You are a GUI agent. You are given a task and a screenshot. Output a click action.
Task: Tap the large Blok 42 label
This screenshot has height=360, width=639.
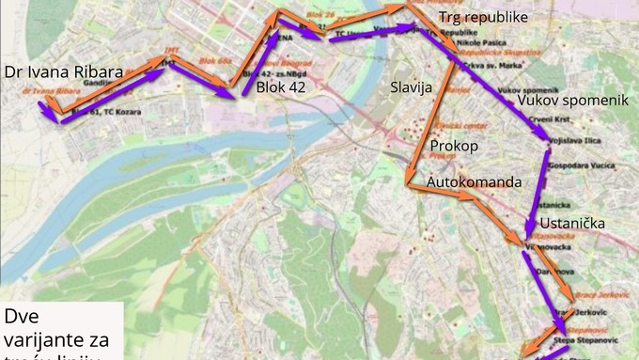click(281, 86)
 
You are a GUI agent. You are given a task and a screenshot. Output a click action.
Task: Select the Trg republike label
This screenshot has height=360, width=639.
click(482, 18)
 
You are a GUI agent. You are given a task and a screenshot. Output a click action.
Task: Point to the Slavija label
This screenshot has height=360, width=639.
click(410, 87)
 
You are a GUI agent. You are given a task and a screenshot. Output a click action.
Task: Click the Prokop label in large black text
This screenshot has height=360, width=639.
click(454, 147)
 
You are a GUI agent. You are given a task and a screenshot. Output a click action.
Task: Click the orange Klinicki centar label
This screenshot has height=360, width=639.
click(461, 125)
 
